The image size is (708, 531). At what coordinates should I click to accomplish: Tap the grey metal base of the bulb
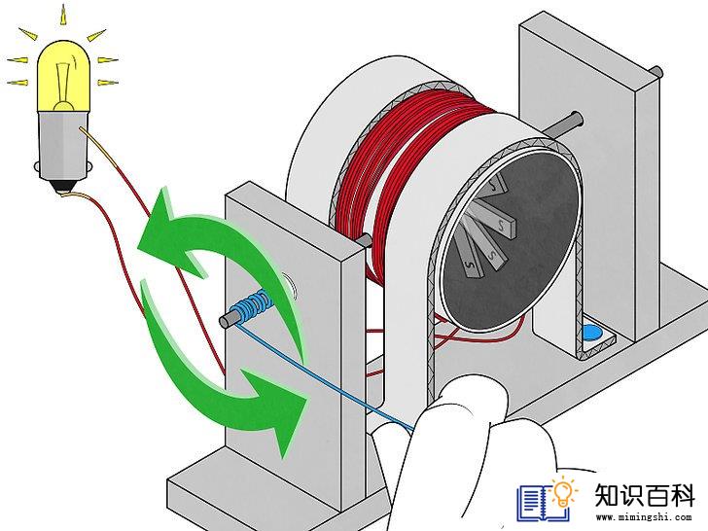click(63, 145)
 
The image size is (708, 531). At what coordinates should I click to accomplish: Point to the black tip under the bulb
click(63, 187)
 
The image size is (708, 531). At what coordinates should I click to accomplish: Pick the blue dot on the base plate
click(592, 333)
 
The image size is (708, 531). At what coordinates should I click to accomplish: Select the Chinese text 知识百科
click(644, 495)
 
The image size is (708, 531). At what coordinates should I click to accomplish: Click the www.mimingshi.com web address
click(644, 517)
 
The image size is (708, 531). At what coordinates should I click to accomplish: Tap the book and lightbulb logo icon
click(548, 499)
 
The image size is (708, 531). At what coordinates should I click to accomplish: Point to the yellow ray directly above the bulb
click(63, 15)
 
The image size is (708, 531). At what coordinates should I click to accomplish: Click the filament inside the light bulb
click(63, 86)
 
